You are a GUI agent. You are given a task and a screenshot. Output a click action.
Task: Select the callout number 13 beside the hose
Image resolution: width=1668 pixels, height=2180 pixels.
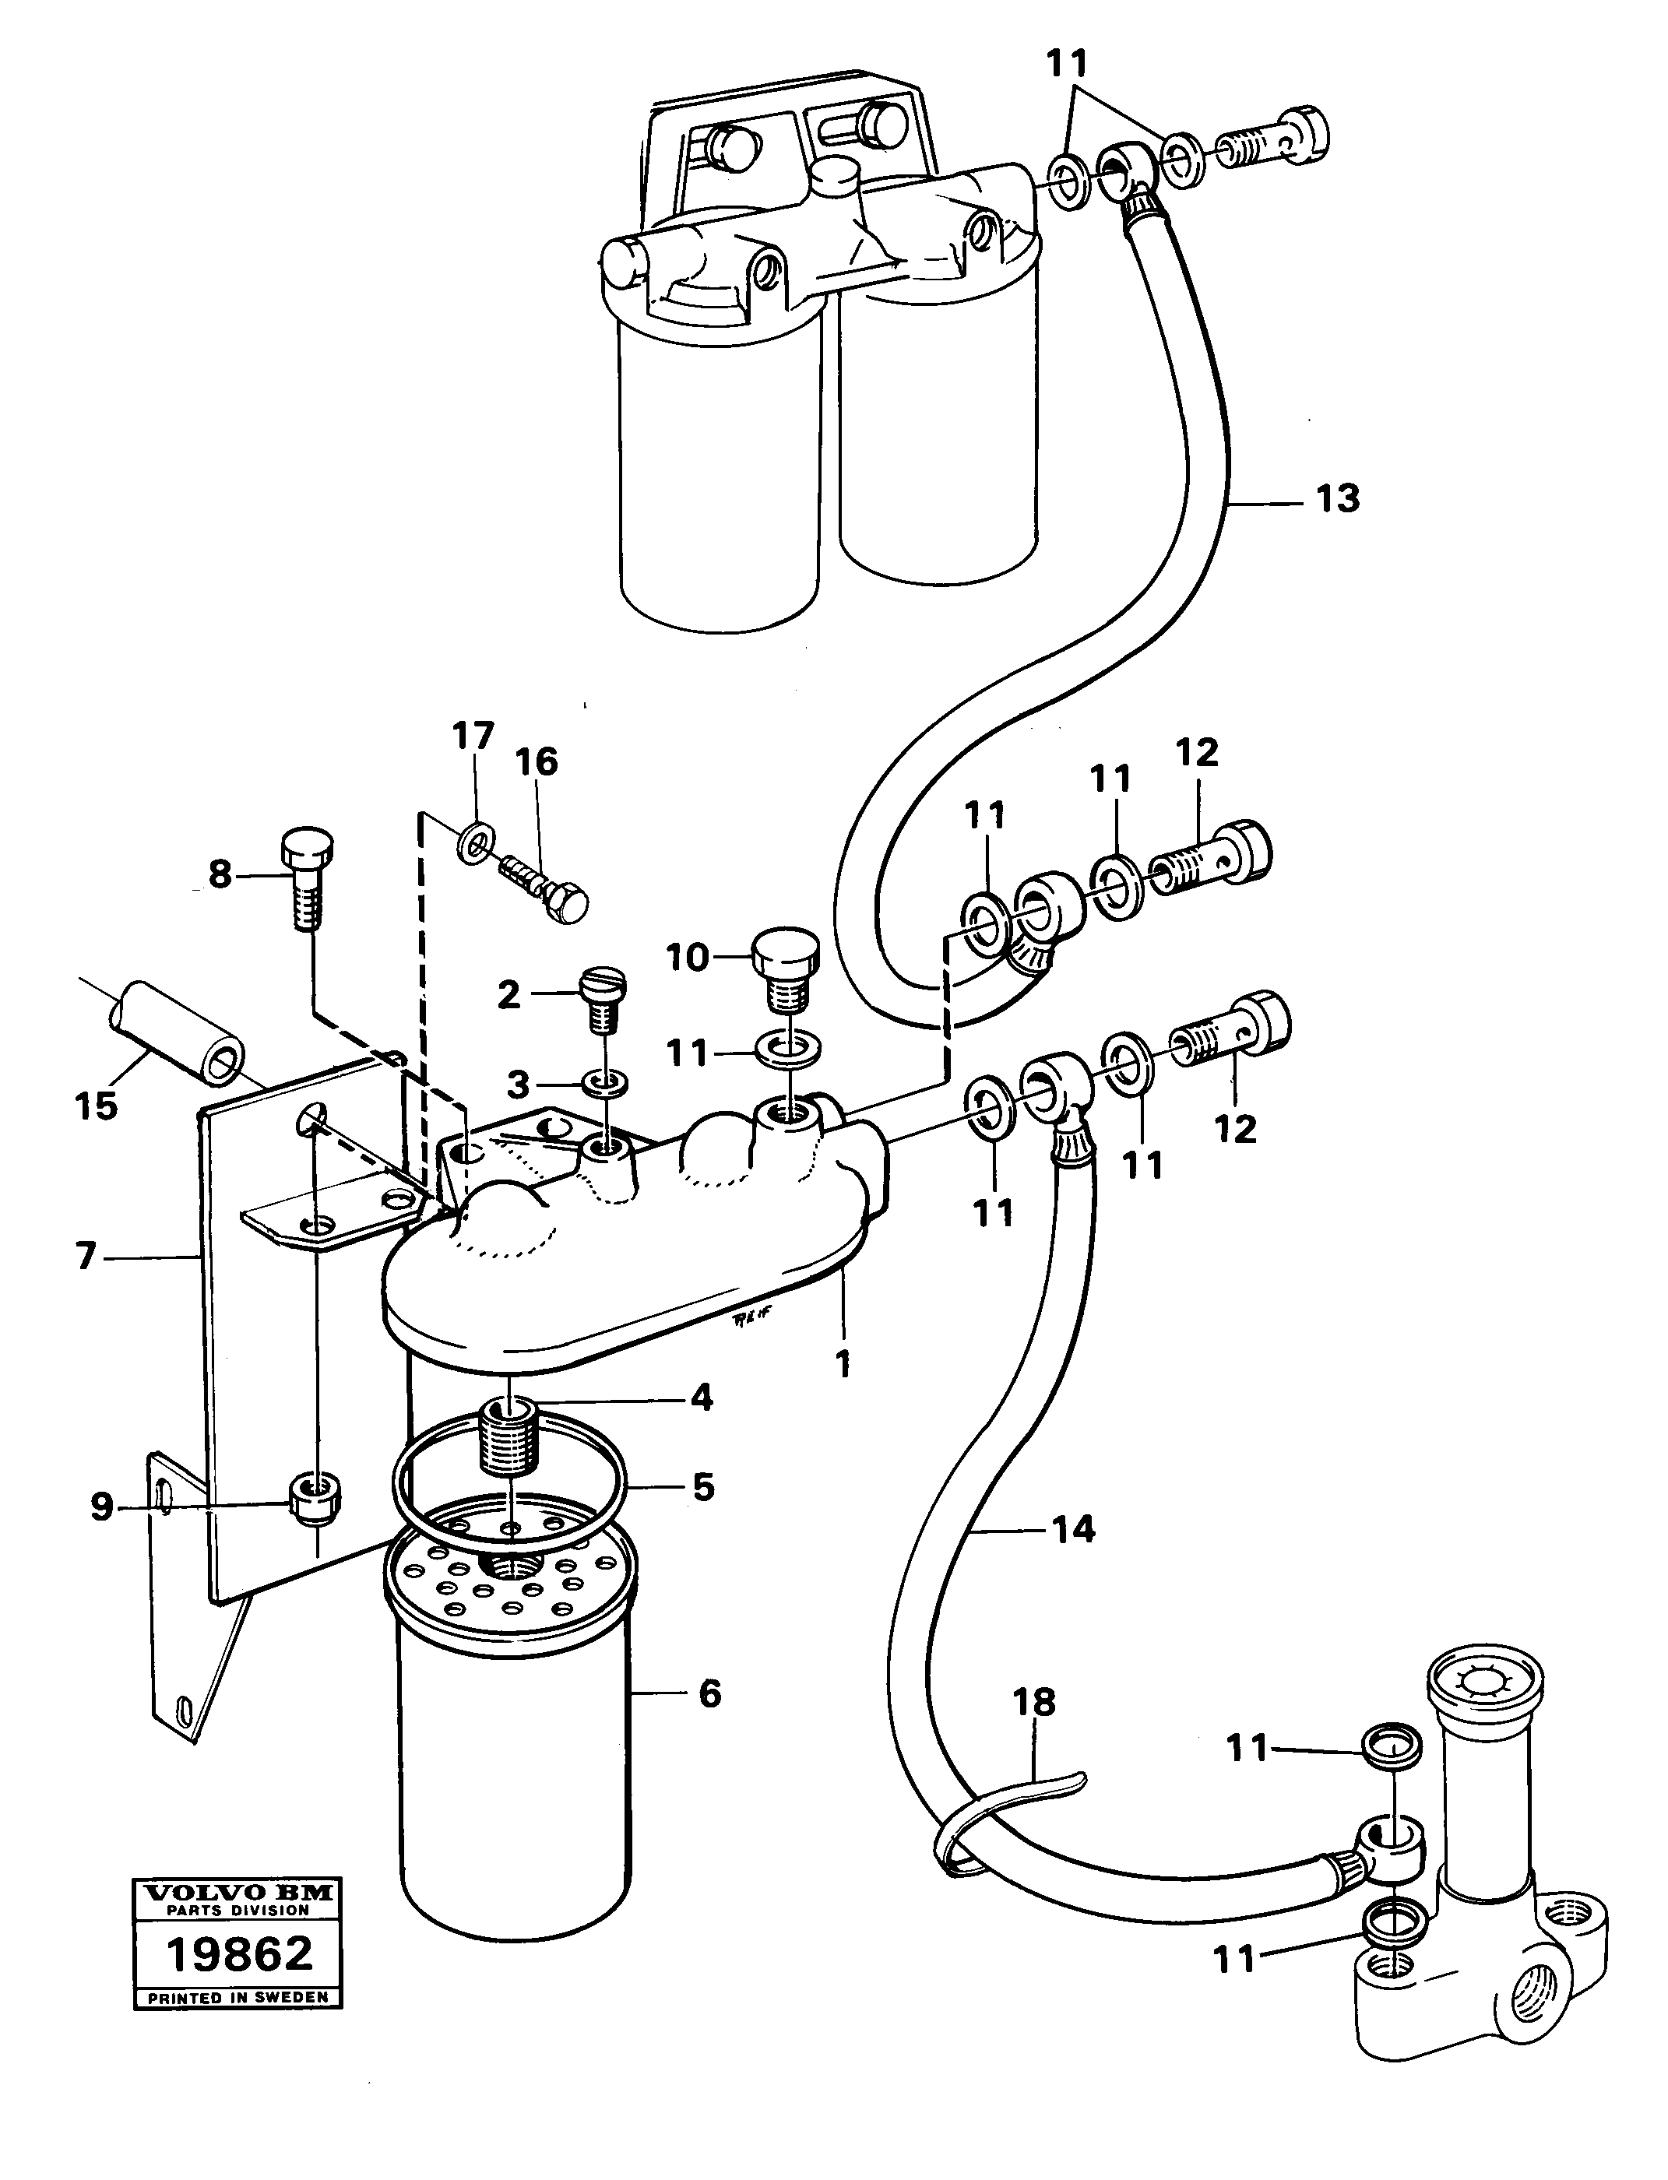pyautogui.click(x=1336, y=498)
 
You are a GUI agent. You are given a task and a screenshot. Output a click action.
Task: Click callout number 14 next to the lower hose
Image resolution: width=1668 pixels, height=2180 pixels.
pyautogui.click(x=1073, y=1529)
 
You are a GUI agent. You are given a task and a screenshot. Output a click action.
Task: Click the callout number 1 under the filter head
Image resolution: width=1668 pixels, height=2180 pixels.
pyautogui.click(x=842, y=1365)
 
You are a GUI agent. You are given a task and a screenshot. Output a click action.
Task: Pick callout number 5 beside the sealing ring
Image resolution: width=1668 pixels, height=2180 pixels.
pyautogui.click(x=703, y=1487)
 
